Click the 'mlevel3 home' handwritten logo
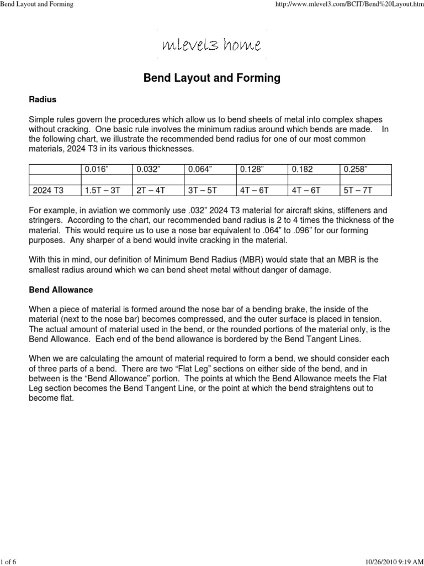(211, 45)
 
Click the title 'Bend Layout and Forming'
(212, 78)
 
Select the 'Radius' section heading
(43, 99)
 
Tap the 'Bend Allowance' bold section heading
(61, 290)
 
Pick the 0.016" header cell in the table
(95, 170)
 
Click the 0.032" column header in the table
(147, 170)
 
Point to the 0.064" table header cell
(200, 170)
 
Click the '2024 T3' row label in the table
(49, 190)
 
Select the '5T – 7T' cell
(359, 190)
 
